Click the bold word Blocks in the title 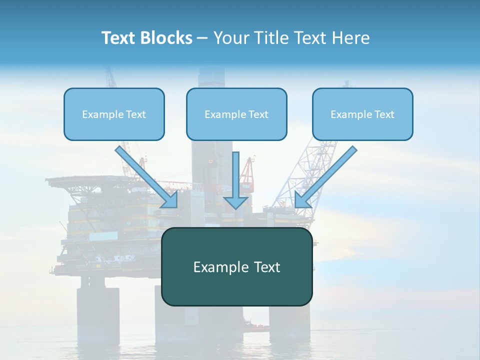point(167,38)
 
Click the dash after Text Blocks point(202,38)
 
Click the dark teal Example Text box point(236,290)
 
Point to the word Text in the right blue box point(384,114)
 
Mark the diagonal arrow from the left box point(147,177)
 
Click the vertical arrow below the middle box point(235,175)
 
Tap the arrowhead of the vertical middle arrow point(235,202)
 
